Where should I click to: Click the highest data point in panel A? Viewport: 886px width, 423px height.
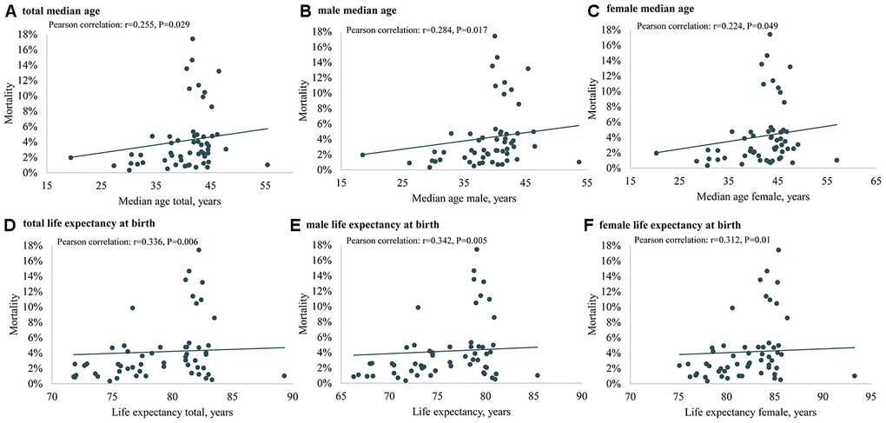coord(193,39)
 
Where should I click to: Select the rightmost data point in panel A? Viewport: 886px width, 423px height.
coord(268,164)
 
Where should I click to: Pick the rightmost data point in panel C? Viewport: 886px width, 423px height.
coord(836,160)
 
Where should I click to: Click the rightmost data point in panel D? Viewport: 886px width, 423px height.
coord(284,376)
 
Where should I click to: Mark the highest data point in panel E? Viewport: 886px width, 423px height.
coord(476,249)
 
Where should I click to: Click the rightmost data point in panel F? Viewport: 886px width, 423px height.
coord(855,376)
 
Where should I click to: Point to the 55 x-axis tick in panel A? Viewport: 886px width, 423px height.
coord(266,186)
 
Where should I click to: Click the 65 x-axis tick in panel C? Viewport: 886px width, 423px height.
coord(875,183)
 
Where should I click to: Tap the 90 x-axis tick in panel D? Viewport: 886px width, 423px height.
coord(293,397)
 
